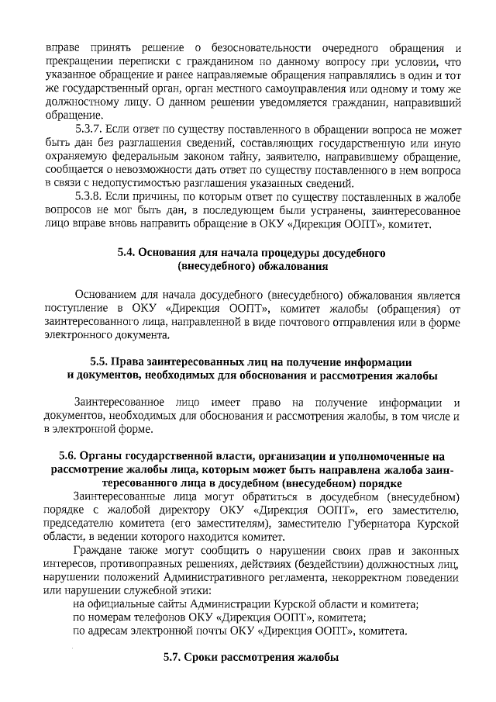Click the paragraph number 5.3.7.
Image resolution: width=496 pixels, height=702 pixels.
pyautogui.click(x=89, y=129)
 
